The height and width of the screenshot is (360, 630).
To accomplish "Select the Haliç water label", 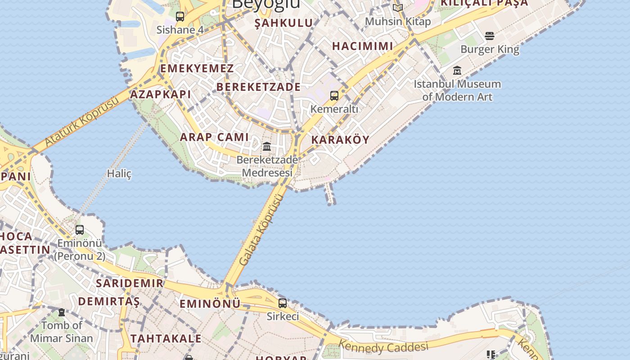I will pyautogui.click(x=119, y=173).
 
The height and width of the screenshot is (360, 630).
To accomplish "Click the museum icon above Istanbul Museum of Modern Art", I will pyautogui.click(x=457, y=70).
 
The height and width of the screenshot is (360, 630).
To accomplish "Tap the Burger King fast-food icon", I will pyautogui.click(x=490, y=36).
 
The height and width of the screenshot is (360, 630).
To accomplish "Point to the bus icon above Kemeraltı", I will pyautogui.click(x=334, y=95).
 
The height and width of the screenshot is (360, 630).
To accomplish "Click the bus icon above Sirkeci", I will pyautogui.click(x=282, y=303).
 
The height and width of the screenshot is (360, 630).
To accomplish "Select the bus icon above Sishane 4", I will pyautogui.click(x=180, y=17).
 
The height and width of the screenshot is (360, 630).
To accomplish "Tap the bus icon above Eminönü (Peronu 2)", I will pyautogui.click(x=80, y=230).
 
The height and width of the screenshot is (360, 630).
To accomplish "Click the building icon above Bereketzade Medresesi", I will pyautogui.click(x=267, y=146).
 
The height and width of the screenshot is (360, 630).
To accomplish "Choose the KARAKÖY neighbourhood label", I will pyautogui.click(x=340, y=140).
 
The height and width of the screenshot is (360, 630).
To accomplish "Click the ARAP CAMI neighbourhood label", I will pyautogui.click(x=214, y=137).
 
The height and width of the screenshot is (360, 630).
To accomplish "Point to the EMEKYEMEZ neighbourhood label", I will pyautogui.click(x=197, y=69).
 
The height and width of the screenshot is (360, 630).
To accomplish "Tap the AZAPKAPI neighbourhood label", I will pyautogui.click(x=161, y=94).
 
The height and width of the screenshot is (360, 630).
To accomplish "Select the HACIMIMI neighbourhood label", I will pyautogui.click(x=363, y=46).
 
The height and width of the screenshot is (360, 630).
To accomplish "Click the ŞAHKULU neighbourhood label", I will pyautogui.click(x=283, y=23).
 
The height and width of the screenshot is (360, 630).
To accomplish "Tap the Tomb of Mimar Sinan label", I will pyautogui.click(x=62, y=332).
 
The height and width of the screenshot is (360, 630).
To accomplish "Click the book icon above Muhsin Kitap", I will pyautogui.click(x=397, y=8).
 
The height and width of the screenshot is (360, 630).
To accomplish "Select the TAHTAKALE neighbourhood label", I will pyautogui.click(x=166, y=338).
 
